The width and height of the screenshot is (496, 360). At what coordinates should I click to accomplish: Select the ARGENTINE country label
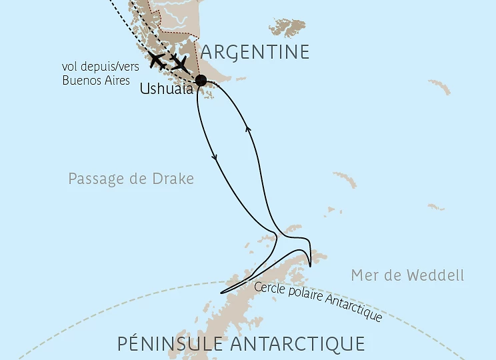click(x=255, y=52)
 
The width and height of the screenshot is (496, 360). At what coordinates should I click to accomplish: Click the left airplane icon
click(x=158, y=61)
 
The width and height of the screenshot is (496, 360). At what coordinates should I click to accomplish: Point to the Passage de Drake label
click(x=131, y=179)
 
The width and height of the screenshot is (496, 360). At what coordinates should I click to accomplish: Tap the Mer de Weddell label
click(x=407, y=275)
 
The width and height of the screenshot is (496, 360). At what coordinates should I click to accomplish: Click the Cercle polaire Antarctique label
click(x=319, y=300)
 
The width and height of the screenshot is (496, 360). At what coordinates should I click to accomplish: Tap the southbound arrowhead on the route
click(x=215, y=158)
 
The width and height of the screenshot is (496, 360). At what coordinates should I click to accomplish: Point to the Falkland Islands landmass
click(x=287, y=28)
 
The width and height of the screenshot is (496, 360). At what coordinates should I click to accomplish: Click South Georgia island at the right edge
click(x=440, y=86)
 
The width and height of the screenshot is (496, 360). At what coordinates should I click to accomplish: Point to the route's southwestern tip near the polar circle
click(x=221, y=292)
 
